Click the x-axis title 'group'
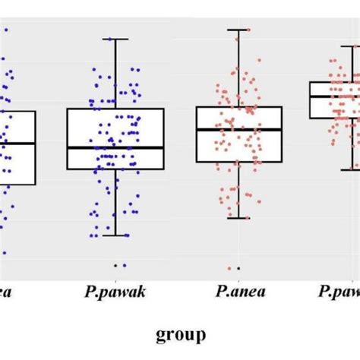(x=181, y=334)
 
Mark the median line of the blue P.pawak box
(x=115, y=147)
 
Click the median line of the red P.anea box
(x=238, y=130)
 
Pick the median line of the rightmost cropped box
(x=335, y=96)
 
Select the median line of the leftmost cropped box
(x=17, y=144)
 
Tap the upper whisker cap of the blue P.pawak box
(x=115, y=39)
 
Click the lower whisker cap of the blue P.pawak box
(x=115, y=235)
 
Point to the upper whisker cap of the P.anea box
(x=238, y=30)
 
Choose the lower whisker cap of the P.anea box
(x=238, y=218)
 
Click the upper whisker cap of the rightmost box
(x=350, y=46)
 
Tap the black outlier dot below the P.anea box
(x=238, y=268)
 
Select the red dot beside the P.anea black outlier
(x=229, y=268)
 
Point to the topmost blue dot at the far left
(x=6, y=30)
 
